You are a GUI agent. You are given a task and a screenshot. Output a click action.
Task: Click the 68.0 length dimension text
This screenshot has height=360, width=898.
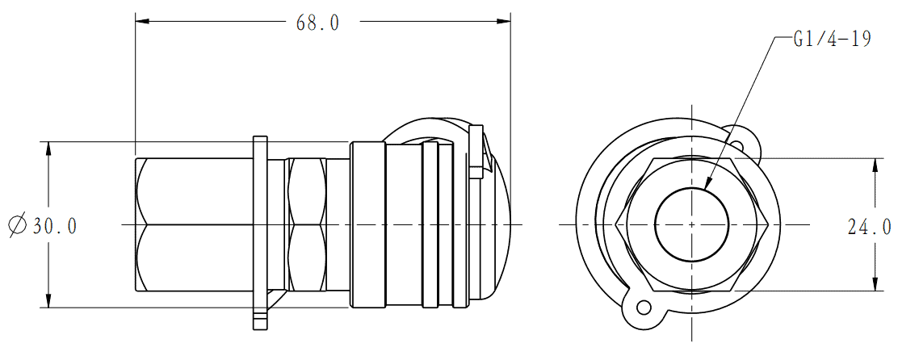318,23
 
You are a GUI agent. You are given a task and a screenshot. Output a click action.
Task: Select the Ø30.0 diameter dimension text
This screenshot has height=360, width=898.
42,225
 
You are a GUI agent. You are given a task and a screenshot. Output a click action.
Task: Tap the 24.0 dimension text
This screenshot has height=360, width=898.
870,227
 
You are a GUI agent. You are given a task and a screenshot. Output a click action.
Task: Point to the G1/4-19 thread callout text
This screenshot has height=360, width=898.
832,40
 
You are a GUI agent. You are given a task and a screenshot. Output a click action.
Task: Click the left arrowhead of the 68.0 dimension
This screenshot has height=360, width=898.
142,22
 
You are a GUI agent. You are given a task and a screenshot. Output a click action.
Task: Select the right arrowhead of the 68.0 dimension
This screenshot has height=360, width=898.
503,22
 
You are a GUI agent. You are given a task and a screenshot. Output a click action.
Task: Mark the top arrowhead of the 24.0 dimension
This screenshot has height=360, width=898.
875,166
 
